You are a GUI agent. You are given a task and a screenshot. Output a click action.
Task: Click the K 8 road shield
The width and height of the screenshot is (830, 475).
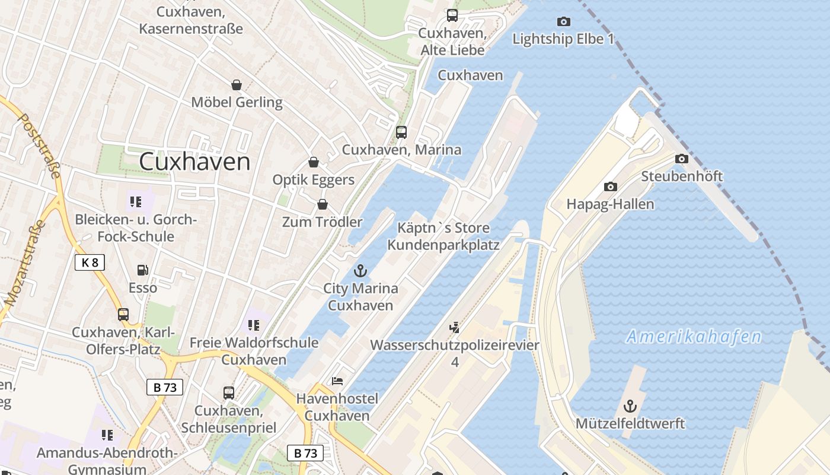(x=90, y=262)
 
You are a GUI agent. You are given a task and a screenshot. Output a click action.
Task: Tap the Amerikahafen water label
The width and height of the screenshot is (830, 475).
(x=694, y=337)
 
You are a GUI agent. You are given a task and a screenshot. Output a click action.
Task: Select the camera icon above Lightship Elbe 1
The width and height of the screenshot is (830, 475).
(x=564, y=22)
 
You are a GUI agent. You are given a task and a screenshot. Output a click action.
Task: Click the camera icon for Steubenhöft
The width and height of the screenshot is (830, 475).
(x=682, y=159)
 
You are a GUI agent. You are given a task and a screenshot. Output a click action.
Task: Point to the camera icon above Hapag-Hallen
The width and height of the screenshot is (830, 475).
(x=610, y=186)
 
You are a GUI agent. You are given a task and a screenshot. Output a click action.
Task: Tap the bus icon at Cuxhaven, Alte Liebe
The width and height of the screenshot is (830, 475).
(x=452, y=15)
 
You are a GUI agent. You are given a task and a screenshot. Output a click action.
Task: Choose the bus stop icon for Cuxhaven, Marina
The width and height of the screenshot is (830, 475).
(x=401, y=132)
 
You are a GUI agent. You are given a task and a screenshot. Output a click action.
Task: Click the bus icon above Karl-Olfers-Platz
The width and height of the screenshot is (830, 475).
(x=123, y=315)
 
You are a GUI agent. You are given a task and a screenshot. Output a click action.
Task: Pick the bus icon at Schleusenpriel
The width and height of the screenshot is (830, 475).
(x=228, y=392)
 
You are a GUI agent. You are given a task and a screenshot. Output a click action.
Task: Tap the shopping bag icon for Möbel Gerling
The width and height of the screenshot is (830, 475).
(x=237, y=85)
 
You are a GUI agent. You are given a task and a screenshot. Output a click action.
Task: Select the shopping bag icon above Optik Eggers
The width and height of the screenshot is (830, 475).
(x=313, y=162)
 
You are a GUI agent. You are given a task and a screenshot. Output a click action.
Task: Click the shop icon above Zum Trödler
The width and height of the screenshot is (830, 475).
(x=322, y=204)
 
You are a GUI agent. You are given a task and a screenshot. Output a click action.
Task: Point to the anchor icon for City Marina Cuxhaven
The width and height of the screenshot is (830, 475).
(x=360, y=271)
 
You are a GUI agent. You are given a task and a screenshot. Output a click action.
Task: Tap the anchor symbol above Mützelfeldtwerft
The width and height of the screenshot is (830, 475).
(x=630, y=407)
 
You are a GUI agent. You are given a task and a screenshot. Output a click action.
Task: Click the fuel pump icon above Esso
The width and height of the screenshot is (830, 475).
(x=143, y=270)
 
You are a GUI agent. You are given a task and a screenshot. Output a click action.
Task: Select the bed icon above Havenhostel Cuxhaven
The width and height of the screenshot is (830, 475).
(x=337, y=381)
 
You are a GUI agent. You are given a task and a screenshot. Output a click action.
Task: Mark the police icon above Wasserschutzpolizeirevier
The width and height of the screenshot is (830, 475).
(x=455, y=327)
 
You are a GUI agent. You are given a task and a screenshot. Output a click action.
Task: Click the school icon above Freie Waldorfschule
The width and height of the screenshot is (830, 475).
(x=254, y=325)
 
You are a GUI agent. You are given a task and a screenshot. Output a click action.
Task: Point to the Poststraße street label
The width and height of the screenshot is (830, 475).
(x=40, y=145)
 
